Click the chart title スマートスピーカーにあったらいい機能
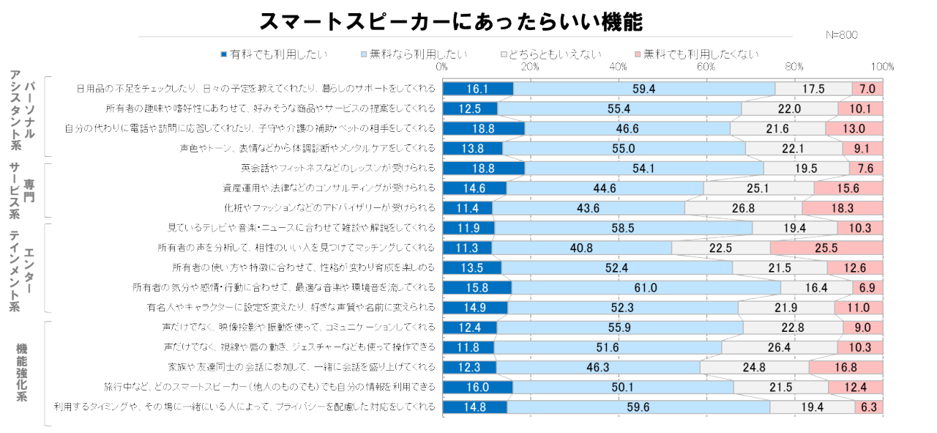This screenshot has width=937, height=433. tap(450, 21)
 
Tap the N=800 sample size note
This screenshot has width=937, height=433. tap(841, 34)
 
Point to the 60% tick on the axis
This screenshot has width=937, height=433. tap(706, 67)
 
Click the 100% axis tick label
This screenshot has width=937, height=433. tap(882, 67)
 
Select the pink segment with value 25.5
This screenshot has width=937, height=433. tap(826, 248)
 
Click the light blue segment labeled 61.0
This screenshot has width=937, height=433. tap(646, 287)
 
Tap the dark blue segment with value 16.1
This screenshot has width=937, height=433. tap(477, 89)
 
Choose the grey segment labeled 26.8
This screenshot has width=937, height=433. tap(743, 208)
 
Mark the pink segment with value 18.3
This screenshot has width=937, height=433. tap(842, 208)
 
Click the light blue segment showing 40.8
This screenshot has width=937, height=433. tap(582, 248)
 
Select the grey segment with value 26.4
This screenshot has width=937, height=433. tap(780, 347)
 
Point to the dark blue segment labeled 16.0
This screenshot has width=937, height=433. tap(477, 386)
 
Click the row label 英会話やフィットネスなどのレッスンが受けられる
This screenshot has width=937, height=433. tap(338, 168)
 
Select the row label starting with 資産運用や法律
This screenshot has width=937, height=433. tap(329, 188)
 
